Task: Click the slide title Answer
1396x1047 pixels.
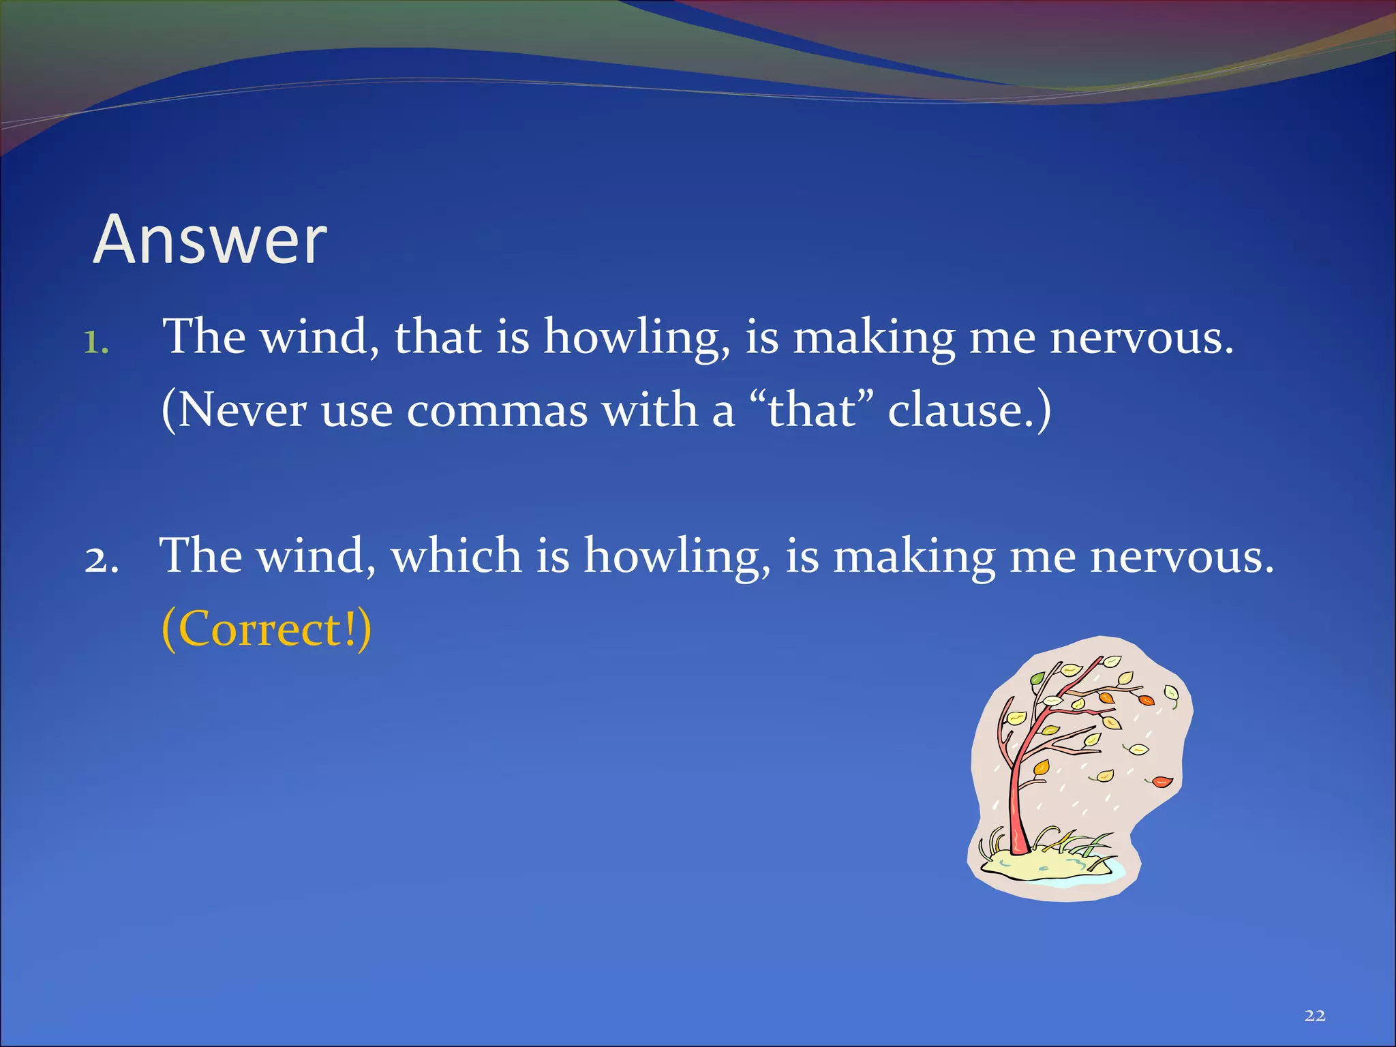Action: (x=210, y=240)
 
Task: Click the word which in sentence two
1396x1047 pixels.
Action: (x=455, y=555)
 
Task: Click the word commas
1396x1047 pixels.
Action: (x=497, y=411)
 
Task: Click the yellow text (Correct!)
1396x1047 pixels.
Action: (x=267, y=628)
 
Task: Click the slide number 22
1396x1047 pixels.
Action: (x=1315, y=1016)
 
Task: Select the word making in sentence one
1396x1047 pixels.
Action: (x=875, y=338)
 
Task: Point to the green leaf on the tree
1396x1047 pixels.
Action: (x=1037, y=678)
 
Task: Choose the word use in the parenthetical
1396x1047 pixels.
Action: (x=356, y=411)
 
